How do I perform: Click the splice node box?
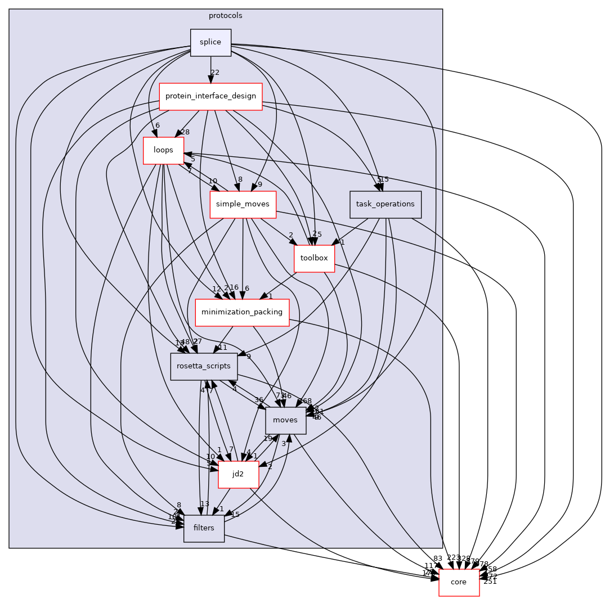211,43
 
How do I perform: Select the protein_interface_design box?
211,97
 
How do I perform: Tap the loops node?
163,151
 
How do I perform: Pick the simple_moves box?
243,205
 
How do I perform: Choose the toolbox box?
314,259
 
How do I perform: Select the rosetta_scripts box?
204,367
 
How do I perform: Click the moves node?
286,421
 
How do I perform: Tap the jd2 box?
238,475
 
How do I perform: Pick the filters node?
204,529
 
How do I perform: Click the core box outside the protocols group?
459,583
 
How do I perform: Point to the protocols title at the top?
226,16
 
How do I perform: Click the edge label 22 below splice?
214,72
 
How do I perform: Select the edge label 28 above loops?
185,132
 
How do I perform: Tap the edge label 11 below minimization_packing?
223,348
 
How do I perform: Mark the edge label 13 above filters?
204,504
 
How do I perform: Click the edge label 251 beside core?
490,582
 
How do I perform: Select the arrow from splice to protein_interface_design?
211,70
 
